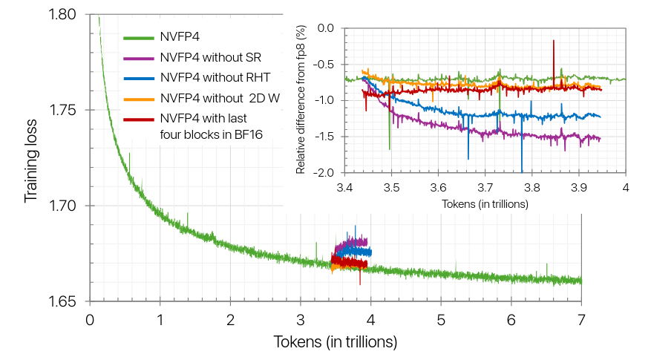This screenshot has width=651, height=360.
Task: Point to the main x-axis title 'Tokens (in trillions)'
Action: (x=336, y=342)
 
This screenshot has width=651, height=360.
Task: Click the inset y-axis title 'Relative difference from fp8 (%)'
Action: (x=301, y=100)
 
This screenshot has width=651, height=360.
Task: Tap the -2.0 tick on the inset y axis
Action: (x=324, y=173)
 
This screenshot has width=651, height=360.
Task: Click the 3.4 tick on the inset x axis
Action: (x=345, y=187)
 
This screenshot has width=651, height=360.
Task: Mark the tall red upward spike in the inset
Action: (x=554, y=42)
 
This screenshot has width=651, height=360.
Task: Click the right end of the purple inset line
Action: (x=600, y=139)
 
